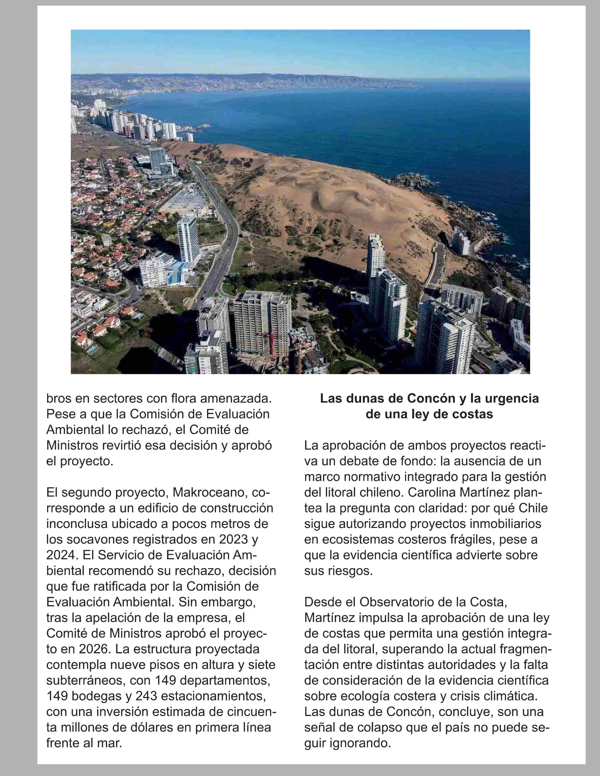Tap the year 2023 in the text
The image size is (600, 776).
click(233, 540)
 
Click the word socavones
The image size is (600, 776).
click(90, 540)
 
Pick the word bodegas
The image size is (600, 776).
click(96, 696)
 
